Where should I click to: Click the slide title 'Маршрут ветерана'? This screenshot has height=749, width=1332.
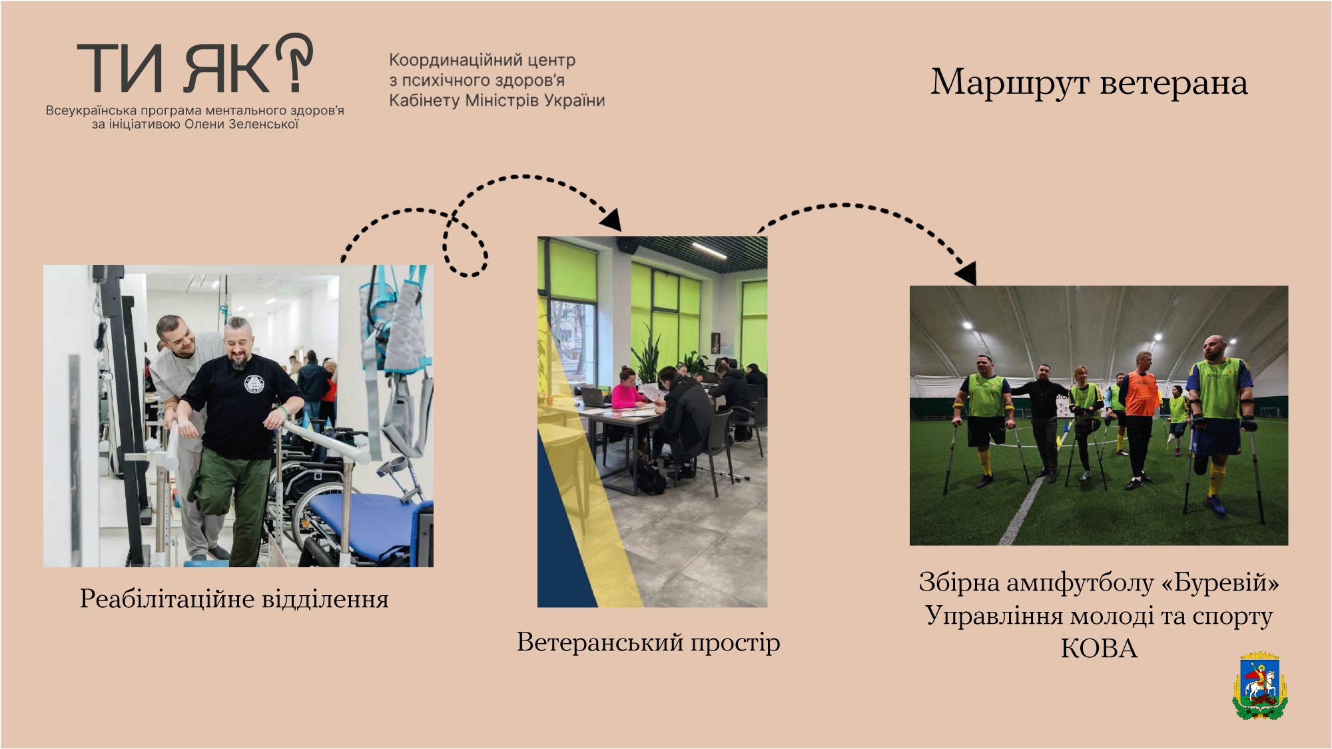(x=1089, y=83)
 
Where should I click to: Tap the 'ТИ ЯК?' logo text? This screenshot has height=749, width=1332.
(x=194, y=64)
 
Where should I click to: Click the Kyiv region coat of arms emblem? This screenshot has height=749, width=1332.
(x=1259, y=686)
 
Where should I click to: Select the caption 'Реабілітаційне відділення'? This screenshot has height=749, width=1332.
(x=234, y=599)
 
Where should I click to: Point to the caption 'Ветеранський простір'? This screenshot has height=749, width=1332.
(x=648, y=642)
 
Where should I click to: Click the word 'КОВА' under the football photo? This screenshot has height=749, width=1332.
(x=1099, y=648)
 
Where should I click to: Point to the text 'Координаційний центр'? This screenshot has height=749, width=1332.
(x=482, y=60)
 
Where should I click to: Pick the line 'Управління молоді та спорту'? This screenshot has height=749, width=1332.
(x=1099, y=616)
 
